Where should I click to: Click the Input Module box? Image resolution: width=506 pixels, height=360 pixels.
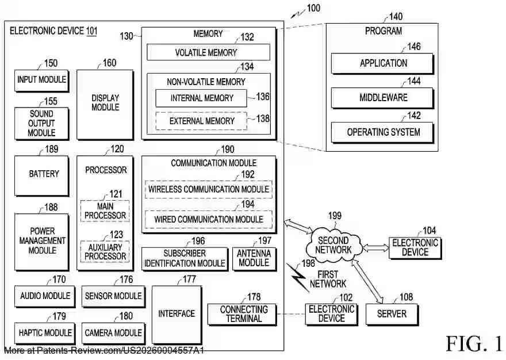41,80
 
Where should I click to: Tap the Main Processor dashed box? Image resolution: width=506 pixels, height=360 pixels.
105,211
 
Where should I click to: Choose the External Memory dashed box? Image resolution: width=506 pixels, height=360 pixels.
201,121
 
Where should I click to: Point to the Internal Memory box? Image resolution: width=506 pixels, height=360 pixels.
201,98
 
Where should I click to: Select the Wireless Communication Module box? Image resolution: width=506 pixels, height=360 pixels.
208,189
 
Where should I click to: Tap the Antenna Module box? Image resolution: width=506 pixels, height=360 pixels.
254,258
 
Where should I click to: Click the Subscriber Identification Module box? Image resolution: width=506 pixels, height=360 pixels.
185,258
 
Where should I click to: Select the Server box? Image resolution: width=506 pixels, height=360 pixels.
392,314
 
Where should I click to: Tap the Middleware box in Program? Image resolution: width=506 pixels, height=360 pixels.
382,98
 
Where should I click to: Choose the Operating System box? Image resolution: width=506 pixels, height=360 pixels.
382,132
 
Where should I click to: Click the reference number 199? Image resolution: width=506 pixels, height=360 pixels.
335,216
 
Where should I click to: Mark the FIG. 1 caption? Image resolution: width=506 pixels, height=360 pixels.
474,343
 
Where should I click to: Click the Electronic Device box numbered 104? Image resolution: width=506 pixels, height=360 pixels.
415,248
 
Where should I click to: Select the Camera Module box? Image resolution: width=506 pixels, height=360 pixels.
113,333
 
